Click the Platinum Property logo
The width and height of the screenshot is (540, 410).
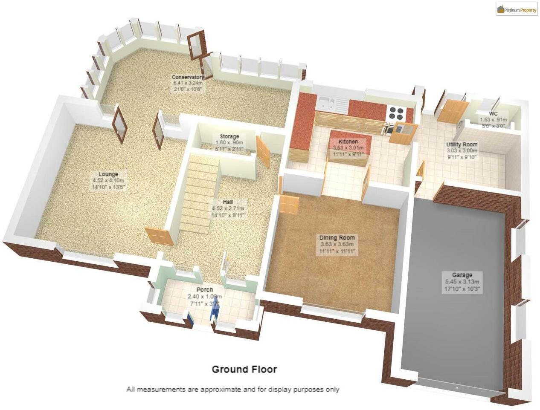[517, 9]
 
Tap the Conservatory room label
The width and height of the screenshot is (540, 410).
[188, 77]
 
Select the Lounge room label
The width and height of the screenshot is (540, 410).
[108, 174]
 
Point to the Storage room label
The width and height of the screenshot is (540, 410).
[229, 136]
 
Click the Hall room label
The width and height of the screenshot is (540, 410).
[227, 202]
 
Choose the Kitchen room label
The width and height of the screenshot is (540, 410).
[348, 141]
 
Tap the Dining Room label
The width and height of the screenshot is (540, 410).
[337, 238]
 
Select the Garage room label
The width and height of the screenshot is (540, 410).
[462, 275]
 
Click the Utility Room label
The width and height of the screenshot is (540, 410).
[462, 144]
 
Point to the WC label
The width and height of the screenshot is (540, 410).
[493, 114]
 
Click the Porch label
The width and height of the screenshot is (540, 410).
[205, 290]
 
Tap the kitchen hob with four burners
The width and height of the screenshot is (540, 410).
[395, 113]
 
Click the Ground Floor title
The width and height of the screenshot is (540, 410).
[244, 370]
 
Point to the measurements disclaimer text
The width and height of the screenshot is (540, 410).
[232, 389]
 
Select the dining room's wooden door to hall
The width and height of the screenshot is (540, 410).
[289, 204]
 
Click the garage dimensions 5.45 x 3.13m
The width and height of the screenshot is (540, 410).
[462, 282]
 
